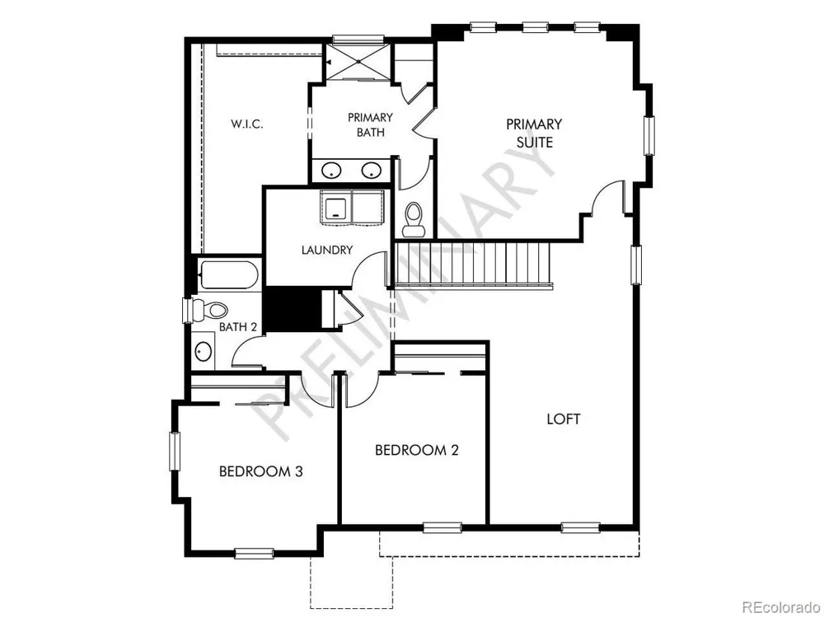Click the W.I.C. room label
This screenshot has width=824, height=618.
(247, 124)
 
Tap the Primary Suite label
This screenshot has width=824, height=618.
(534, 133)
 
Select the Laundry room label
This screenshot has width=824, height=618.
(327, 250)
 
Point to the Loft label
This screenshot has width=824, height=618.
(564, 419)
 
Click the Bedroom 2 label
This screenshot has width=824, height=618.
(417, 450)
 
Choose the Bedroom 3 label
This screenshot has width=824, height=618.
(260, 471)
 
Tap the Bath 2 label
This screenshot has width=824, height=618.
(237, 327)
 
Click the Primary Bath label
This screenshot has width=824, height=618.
(370, 124)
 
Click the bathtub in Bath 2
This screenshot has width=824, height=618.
(228, 275)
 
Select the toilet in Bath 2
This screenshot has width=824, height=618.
(209, 310)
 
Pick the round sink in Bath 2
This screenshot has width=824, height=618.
(204, 351)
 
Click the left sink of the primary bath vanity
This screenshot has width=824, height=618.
(331, 171)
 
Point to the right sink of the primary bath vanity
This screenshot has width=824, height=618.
(371, 171)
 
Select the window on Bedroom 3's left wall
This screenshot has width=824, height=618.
(174, 452)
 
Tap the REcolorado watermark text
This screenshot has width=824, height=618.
(781, 607)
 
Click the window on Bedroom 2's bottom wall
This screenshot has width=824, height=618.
(442, 527)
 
